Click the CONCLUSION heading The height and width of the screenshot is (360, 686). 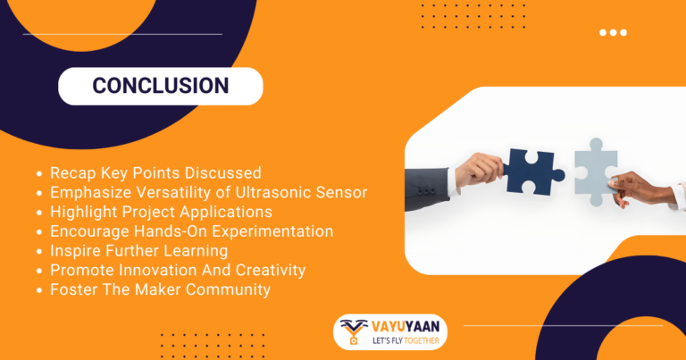[161, 86]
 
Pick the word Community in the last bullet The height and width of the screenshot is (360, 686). [229, 289]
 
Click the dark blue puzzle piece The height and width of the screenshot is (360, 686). [533, 170]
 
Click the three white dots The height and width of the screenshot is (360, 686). [613, 32]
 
